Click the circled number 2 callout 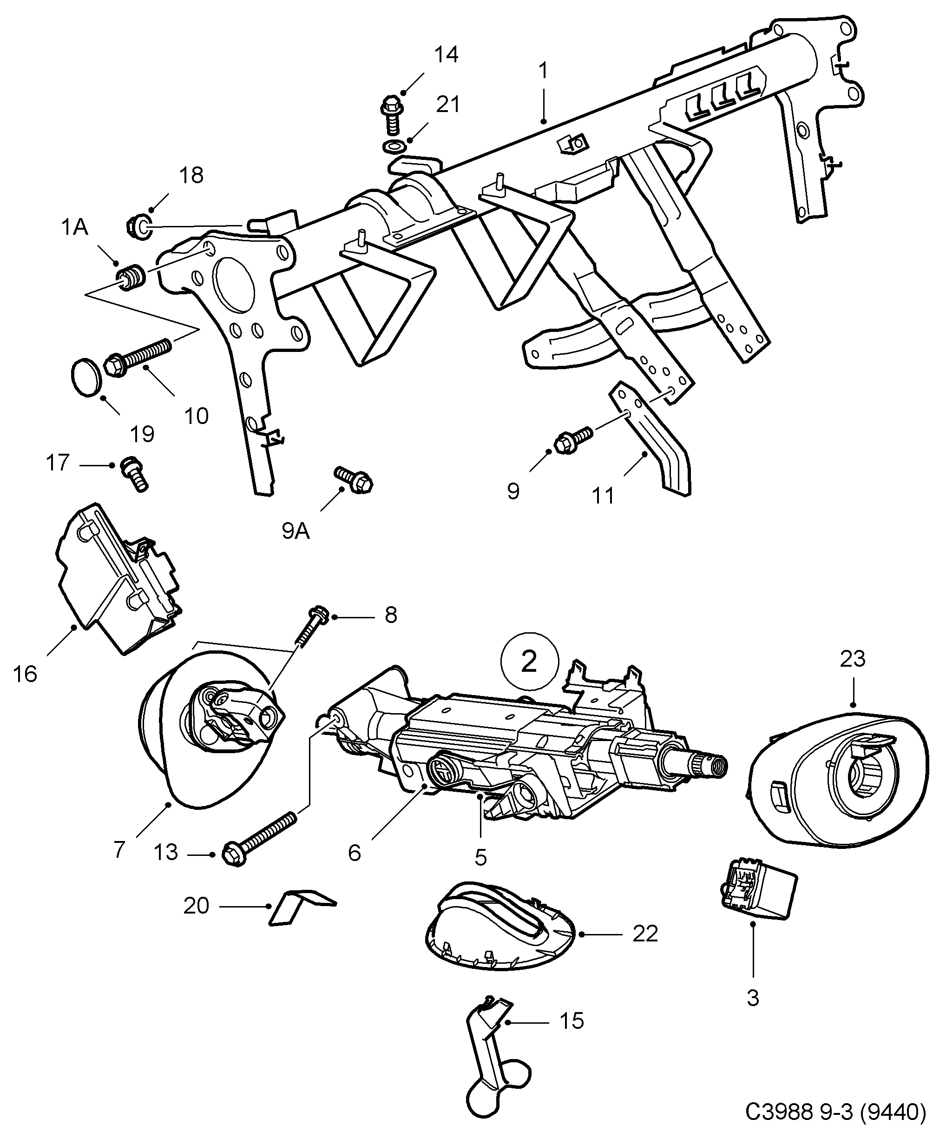coord(529,662)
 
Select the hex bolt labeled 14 coord(391,114)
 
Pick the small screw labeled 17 coord(133,473)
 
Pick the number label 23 coord(852,659)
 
